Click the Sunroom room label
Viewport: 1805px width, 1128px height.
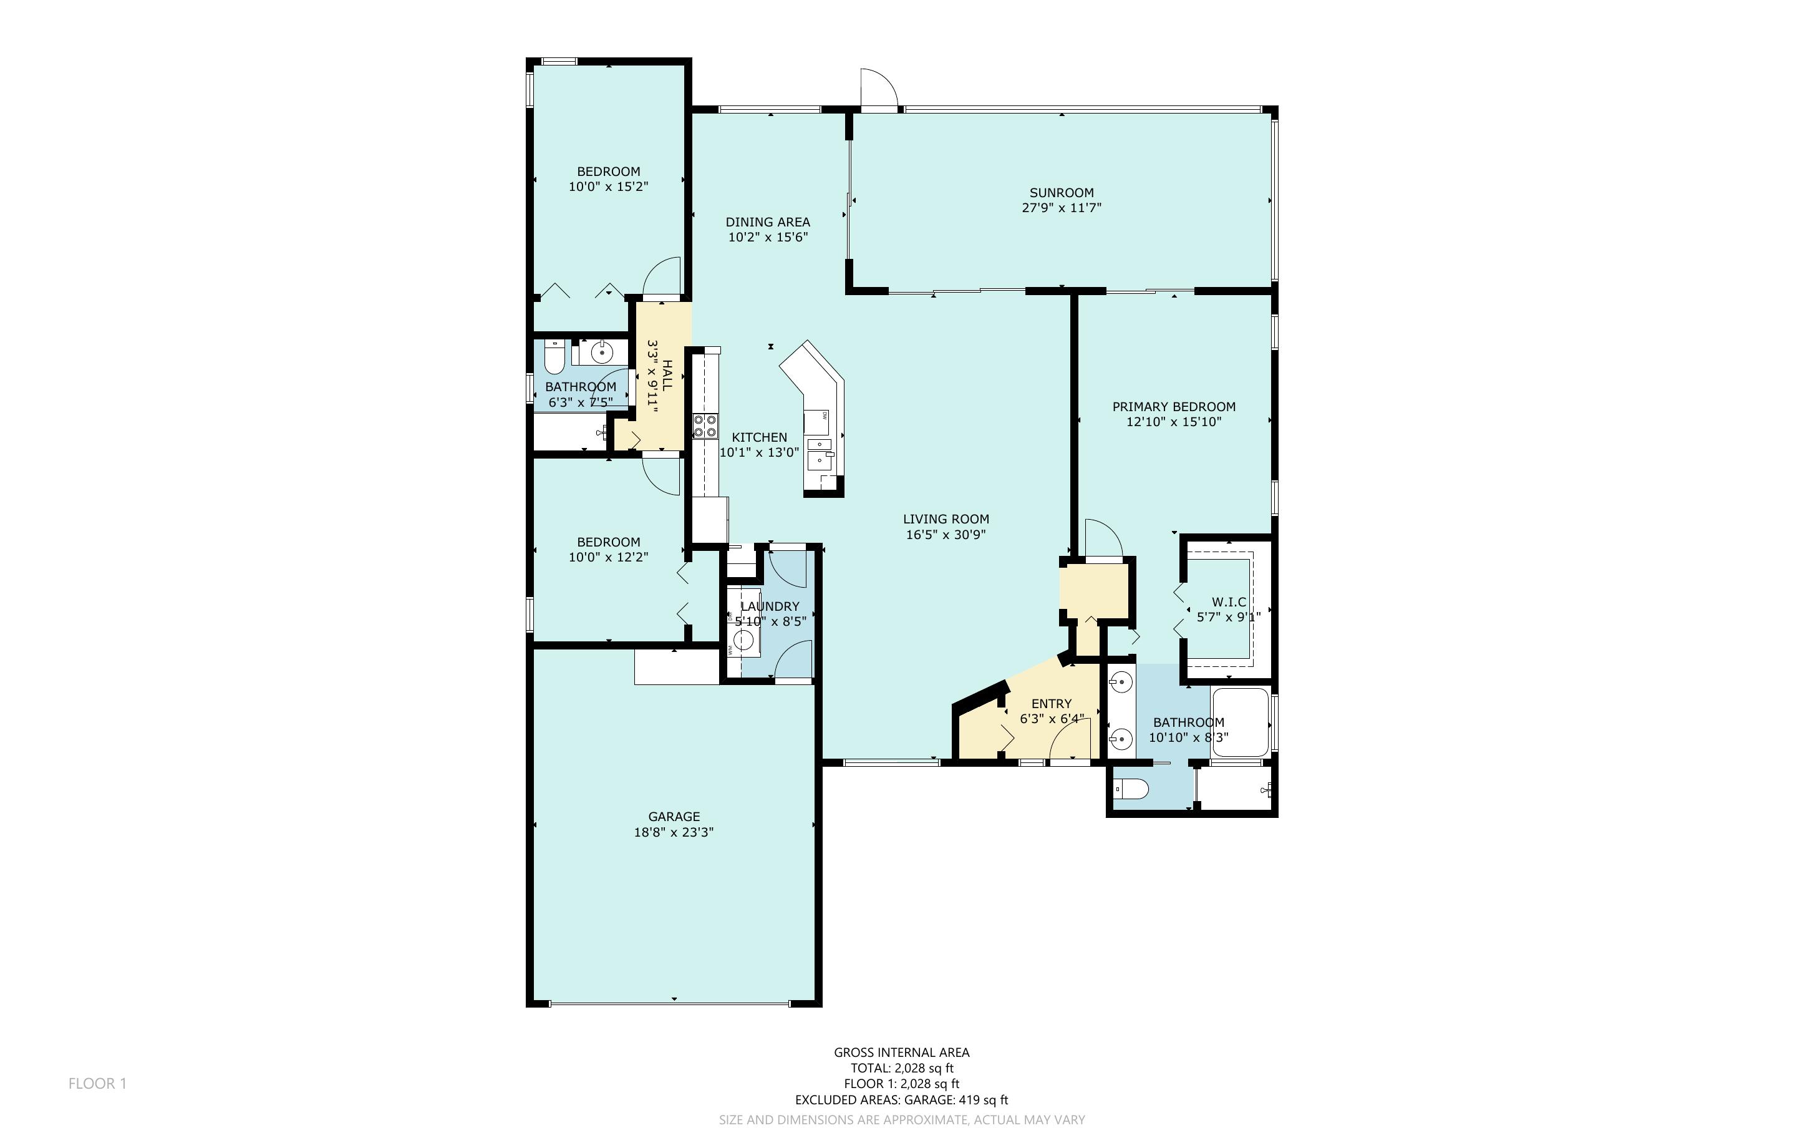pos(1062,193)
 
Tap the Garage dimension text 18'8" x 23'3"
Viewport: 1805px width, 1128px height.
pos(674,832)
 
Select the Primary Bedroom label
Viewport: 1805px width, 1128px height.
pos(1174,407)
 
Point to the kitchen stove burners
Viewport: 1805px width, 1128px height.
pos(705,425)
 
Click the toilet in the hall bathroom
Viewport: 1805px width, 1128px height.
pos(554,357)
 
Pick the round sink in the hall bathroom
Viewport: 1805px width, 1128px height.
pos(602,351)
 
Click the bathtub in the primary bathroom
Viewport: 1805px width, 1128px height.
pos(1241,722)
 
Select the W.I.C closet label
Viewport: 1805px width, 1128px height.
pos(1229,602)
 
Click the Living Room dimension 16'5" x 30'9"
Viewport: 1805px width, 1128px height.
pos(946,534)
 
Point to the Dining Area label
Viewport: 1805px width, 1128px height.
pos(768,221)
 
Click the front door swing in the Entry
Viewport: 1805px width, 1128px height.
pos(1070,739)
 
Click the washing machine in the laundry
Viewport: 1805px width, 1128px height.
pos(744,640)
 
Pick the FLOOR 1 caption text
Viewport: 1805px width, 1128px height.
pos(98,1083)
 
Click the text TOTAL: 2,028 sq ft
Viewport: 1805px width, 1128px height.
pos(902,1067)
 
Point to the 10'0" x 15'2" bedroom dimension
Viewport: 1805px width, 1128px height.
pos(608,187)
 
